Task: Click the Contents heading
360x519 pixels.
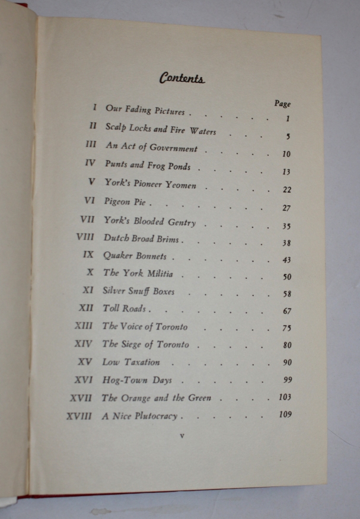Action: (x=181, y=78)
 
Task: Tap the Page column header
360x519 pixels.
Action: (x=282, y=103)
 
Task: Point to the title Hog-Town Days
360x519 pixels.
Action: (x=136, y=380)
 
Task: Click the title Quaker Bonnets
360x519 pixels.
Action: (x=135, y=256)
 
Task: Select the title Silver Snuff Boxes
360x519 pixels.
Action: (x=138, y=291)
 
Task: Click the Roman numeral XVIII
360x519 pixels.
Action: (x=79, y=416)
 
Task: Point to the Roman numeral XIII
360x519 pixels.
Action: (x=83, y=326)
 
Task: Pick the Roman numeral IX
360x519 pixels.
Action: (x=88, y=256)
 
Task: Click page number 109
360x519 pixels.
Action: (x=285, y=415)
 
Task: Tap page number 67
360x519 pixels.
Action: (x=287, y=311)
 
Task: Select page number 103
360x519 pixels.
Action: (x=285, y=397)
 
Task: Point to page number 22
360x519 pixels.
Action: (x=286, y=190)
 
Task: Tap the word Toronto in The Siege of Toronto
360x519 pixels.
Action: (x=173, y=344)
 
